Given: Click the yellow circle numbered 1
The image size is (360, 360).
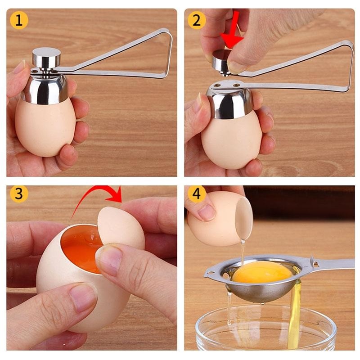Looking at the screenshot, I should pos(19,20).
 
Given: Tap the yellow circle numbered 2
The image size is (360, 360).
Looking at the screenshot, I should pos(197,20).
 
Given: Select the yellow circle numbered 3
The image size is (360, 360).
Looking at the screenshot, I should pos(19,194).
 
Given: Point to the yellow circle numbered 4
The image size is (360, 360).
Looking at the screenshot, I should pos(197,194).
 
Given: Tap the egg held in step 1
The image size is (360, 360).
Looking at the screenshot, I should pos(45,128).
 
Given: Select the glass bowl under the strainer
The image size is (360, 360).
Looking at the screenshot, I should pos(265,328).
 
